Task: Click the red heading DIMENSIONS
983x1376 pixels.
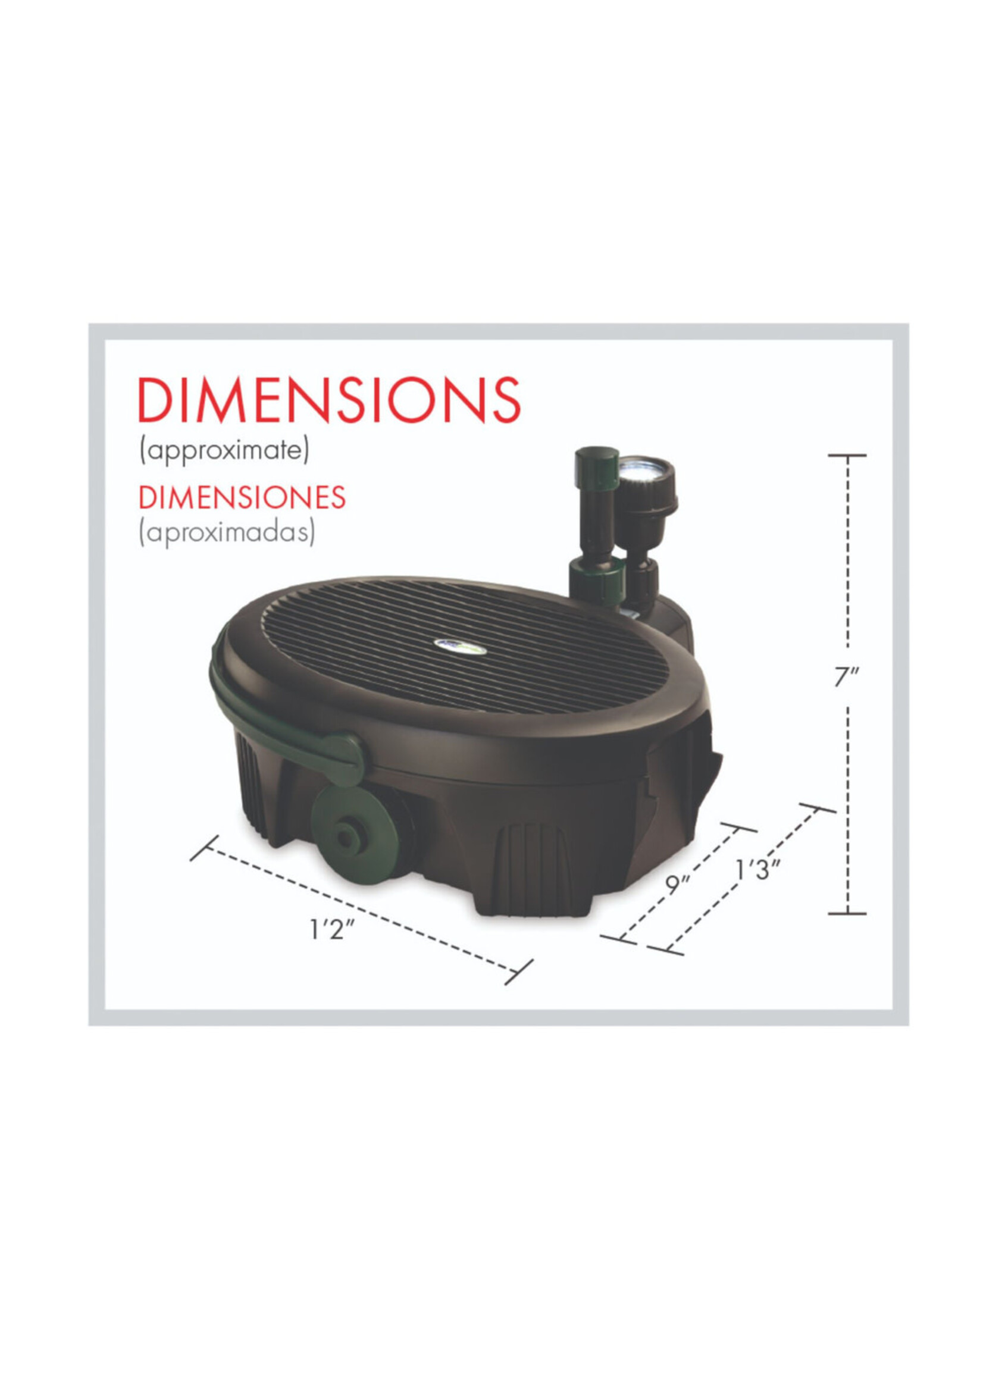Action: (x=329, y=400)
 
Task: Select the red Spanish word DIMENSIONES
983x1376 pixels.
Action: (x=242, y=497)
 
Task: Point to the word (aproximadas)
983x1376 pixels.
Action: (x=227, y=533)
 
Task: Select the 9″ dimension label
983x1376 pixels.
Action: (x=678, y=885)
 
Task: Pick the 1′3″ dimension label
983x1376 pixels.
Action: (x=757, y=870)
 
